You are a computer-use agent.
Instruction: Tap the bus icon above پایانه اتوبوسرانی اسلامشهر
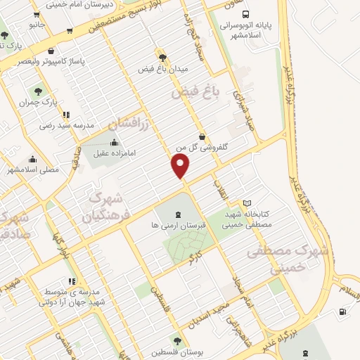point(244,13)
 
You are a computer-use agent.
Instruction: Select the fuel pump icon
point(342,311)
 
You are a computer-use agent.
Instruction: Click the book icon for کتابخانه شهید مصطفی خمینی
point(246,203)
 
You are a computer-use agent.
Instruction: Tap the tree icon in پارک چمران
point(38,91)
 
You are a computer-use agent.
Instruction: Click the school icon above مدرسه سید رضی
point(66,114)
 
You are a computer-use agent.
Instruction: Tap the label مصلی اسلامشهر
point(32,169)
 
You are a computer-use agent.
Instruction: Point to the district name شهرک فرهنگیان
point(108,198)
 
